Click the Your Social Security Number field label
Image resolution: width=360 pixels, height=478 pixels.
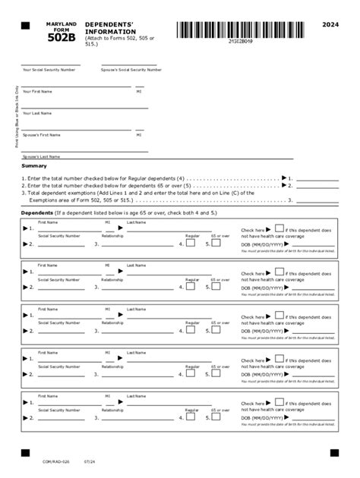[x=49, y=70]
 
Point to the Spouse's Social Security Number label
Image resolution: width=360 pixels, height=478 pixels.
[x=131, y=70]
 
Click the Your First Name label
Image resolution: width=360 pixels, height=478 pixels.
[x=37, y=91]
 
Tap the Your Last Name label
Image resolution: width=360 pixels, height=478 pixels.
[x=37, y=113]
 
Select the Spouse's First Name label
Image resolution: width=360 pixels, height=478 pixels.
[x=42, y=135]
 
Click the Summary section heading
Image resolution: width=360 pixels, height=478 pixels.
[x=34, y=165]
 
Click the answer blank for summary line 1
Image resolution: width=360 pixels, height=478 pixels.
[x=317, y=178]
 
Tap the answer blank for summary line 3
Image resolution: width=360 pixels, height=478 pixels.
[x=317, y=200]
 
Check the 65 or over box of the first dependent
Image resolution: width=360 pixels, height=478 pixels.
[x=216, y=244]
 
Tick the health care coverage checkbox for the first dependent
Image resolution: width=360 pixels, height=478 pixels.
[x=279, y=228]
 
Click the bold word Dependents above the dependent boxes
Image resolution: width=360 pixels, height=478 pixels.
[x=36, y=214]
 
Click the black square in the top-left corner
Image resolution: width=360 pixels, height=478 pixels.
[x=25, y=25]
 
